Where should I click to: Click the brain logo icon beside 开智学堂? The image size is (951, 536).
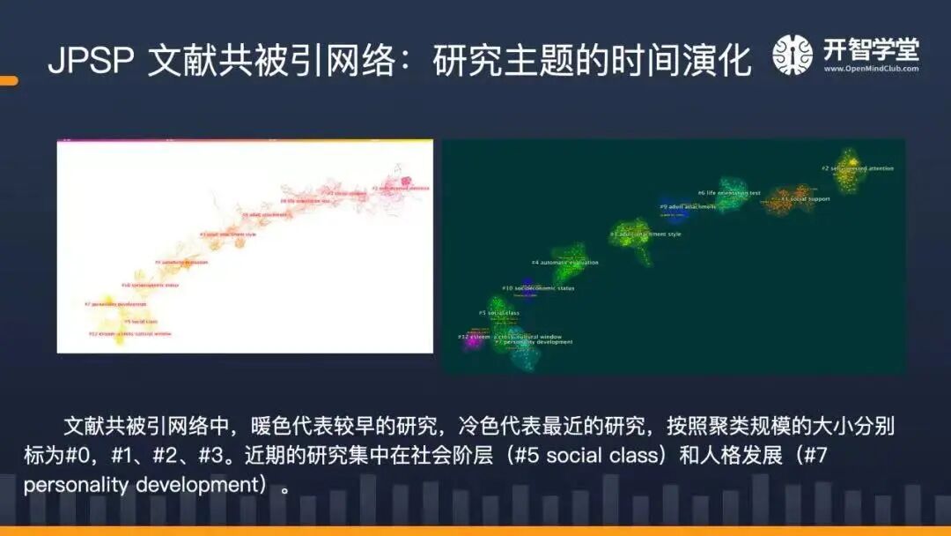coord(792,55)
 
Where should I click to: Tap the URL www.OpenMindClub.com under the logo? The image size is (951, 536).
coord(871,69)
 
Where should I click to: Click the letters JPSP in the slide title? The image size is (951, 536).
coord(91,61)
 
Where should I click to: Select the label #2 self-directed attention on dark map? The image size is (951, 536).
coord(858,167)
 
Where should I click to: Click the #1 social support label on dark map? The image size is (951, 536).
coord(805,199)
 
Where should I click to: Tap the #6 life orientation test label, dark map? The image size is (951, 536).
coord(729,192)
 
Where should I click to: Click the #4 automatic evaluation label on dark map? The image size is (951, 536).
coord(564,263)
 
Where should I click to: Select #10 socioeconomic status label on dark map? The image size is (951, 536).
coord(538,288)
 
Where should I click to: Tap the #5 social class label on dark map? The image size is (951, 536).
coord(499,313)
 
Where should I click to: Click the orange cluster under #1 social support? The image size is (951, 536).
coord(790,196)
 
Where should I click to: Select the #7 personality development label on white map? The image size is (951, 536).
coord(115,304)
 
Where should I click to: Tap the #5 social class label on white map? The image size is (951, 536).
coord(133,322)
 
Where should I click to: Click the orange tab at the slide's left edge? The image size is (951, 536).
coord(8,81)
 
